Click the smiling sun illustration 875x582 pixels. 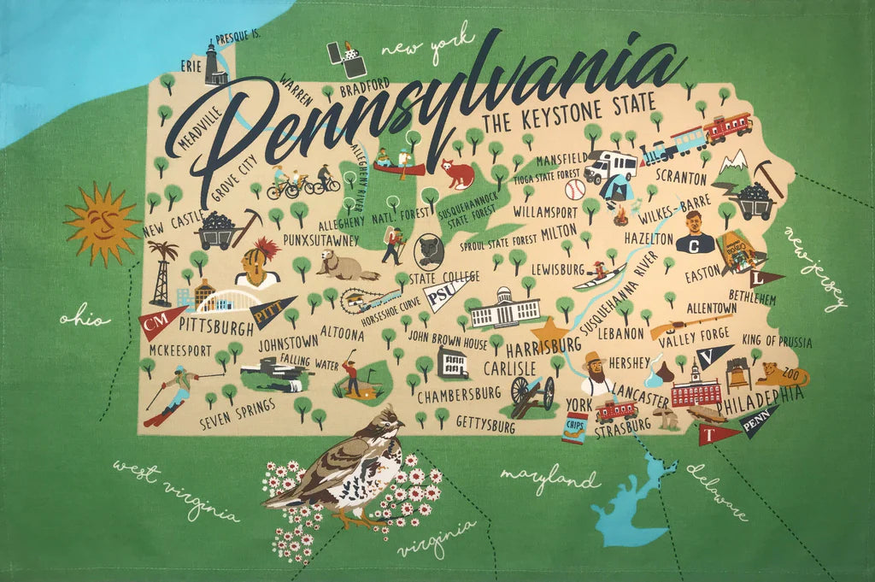coord(102,223)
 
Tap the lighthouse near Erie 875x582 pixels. coord(214,64)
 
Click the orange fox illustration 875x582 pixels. coord(458,173)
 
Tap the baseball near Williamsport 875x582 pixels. coord(575,189)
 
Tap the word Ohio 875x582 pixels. coord(85,320)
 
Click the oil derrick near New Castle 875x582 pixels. coord(161,273)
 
